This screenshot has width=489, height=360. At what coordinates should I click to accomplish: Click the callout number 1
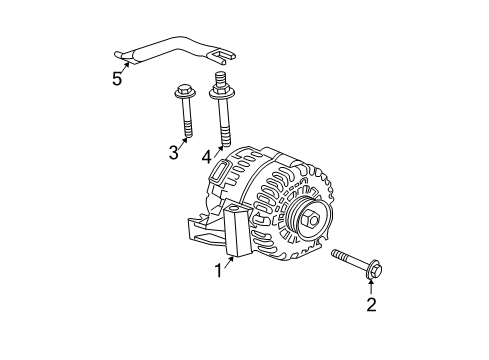pos(218,270)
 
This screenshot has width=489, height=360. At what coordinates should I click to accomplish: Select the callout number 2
pos(371,304)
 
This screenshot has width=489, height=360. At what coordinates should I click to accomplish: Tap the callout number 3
pos(174,153)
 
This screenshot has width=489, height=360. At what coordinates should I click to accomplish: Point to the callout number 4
pos(207,157)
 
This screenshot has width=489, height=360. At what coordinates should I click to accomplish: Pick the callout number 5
pos(117,79)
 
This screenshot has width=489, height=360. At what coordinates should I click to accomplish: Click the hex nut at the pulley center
pos(310,219)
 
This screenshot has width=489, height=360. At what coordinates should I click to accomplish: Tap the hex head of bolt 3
pos(185,91)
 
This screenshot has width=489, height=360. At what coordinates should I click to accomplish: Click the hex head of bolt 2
pos(375,269)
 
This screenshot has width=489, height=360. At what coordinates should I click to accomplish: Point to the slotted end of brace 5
pos(221,57)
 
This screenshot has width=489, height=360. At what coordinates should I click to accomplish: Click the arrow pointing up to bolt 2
pos(371,288)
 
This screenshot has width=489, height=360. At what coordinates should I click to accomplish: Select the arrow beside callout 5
pos(125,68)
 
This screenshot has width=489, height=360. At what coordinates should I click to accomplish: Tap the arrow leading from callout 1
pos(229,262)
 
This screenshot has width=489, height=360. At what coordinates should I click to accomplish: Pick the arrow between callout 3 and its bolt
pos(183,142)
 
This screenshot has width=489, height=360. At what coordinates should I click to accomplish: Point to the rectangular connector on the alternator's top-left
pos(220,172)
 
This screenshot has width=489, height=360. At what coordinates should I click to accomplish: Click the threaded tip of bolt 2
pos(338,255)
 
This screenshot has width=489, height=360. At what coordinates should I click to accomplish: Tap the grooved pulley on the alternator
pos(307,220)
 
